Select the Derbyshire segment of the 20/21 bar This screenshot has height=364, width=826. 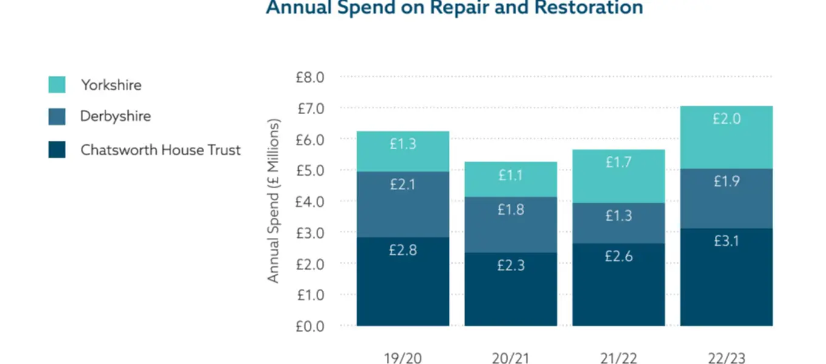click(510, 224)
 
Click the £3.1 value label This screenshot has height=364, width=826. click(726, 241)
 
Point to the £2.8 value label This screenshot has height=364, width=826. click(403, 249)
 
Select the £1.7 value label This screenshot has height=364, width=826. click(619, 162)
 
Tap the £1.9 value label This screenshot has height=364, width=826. click(726, 181)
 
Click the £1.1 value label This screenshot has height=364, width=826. click(511, 175)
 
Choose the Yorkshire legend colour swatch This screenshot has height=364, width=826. click(56, 85)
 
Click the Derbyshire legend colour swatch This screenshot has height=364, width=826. click(56, 116)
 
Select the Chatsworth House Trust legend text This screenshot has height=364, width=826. click(160, 150)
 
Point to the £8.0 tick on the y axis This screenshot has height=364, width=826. click(310, 77)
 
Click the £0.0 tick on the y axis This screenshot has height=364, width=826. click(310, 326)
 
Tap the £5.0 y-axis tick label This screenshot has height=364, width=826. click(310, 170)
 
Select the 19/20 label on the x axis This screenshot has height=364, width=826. click(403, 358)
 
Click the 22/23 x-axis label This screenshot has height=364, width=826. click(726, 358)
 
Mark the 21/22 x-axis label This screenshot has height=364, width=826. click(618, 358)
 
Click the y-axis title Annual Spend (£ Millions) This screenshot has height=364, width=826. click(274, 201)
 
